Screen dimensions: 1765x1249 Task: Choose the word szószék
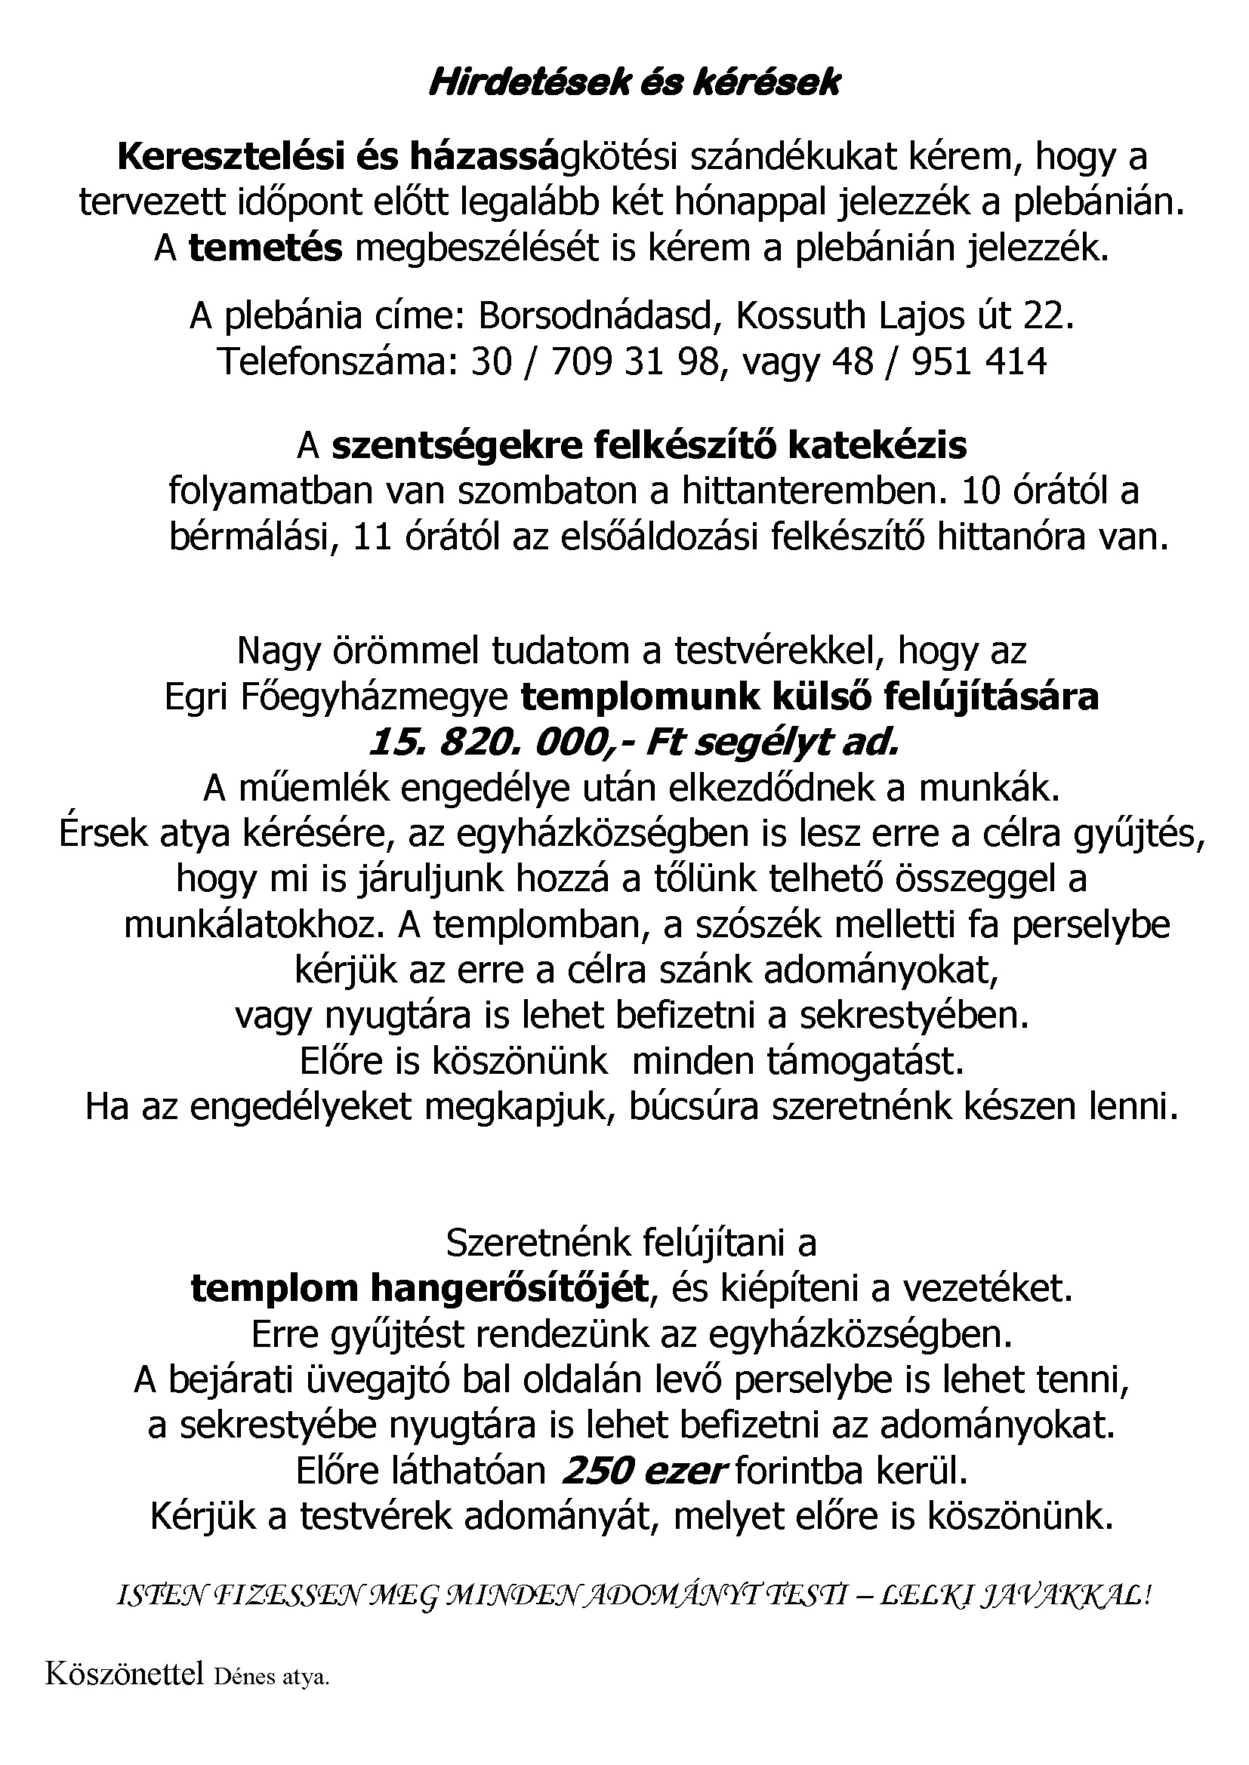pyautogui.click(x=745, y=924)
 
